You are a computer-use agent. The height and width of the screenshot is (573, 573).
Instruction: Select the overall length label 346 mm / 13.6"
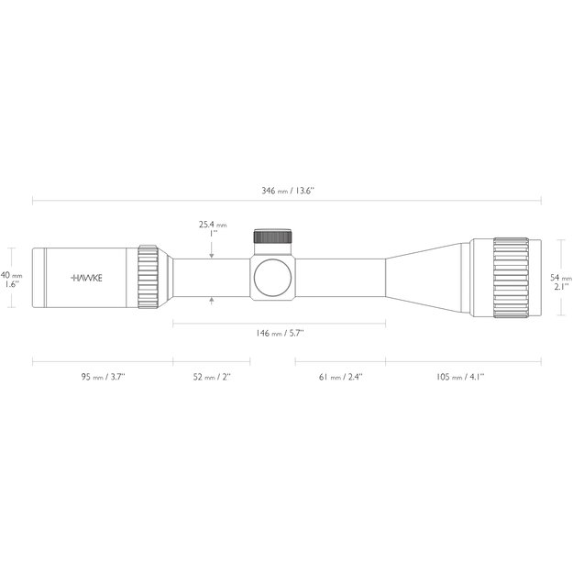(287, 191)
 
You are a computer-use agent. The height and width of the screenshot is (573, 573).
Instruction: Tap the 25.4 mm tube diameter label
(212, 224)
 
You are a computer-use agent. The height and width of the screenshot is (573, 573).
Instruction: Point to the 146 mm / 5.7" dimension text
(279, 333)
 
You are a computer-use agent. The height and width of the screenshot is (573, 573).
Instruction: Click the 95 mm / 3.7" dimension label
(103, 377)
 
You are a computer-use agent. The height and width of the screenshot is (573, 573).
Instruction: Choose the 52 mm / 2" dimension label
(212, 377)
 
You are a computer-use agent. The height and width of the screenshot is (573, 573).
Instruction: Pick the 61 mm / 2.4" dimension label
(340, 377)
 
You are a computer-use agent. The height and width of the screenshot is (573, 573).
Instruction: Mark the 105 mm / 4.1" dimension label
(461, 377)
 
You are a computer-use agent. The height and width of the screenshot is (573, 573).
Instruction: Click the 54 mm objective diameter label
(559, 276)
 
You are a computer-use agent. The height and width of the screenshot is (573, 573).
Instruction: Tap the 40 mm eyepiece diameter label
(11, 275)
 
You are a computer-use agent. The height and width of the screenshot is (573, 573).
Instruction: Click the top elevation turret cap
(272, 237)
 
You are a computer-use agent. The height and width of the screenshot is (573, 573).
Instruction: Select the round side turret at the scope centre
(273, 276)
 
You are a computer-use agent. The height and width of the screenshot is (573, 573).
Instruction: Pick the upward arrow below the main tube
(212, 299)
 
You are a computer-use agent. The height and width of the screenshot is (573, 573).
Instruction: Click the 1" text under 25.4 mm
(213, 234)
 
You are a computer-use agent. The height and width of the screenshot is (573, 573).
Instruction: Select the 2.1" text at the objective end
(560, 286)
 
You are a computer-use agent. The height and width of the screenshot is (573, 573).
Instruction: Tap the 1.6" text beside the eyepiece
(11, 285)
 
